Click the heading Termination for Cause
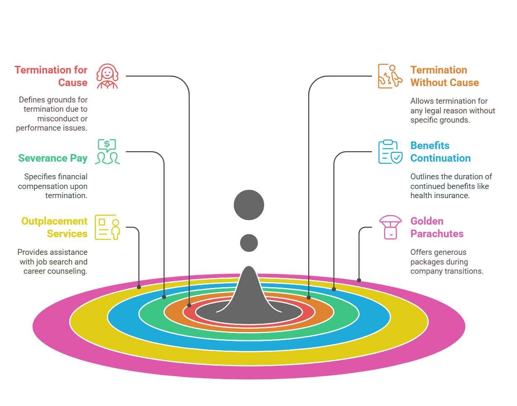[x=51, y=76]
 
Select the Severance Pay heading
[x=53, y=158]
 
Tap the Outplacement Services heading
[x=55, y=227]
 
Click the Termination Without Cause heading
[x=444, y=76]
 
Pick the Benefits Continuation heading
[x=440, y=152]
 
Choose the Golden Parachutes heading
[x=437, y=227]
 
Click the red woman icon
[x=107, y=76]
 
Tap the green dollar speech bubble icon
[x=107, y=152]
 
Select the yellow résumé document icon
[x=107, y=227]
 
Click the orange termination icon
[x=390, y=76]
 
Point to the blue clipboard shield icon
[x=390, y=152]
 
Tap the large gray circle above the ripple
[x=249, y=205]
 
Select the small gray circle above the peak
[x=249, y=243]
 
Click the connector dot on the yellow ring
[x=139, y=287]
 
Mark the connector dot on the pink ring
[x=359, y=280]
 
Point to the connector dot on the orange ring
[x=309, y=297]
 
